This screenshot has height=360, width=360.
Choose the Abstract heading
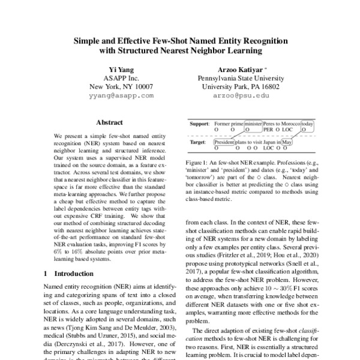[x=109, y=122]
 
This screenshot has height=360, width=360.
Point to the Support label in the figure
[x=199, y=123]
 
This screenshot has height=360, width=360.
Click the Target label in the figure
[x=198, y=142]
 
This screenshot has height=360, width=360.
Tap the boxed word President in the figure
[x=224, y=142]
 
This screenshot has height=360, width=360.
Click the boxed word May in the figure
[x=286, y=142]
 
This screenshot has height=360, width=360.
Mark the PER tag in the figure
[x=268, y=128]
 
